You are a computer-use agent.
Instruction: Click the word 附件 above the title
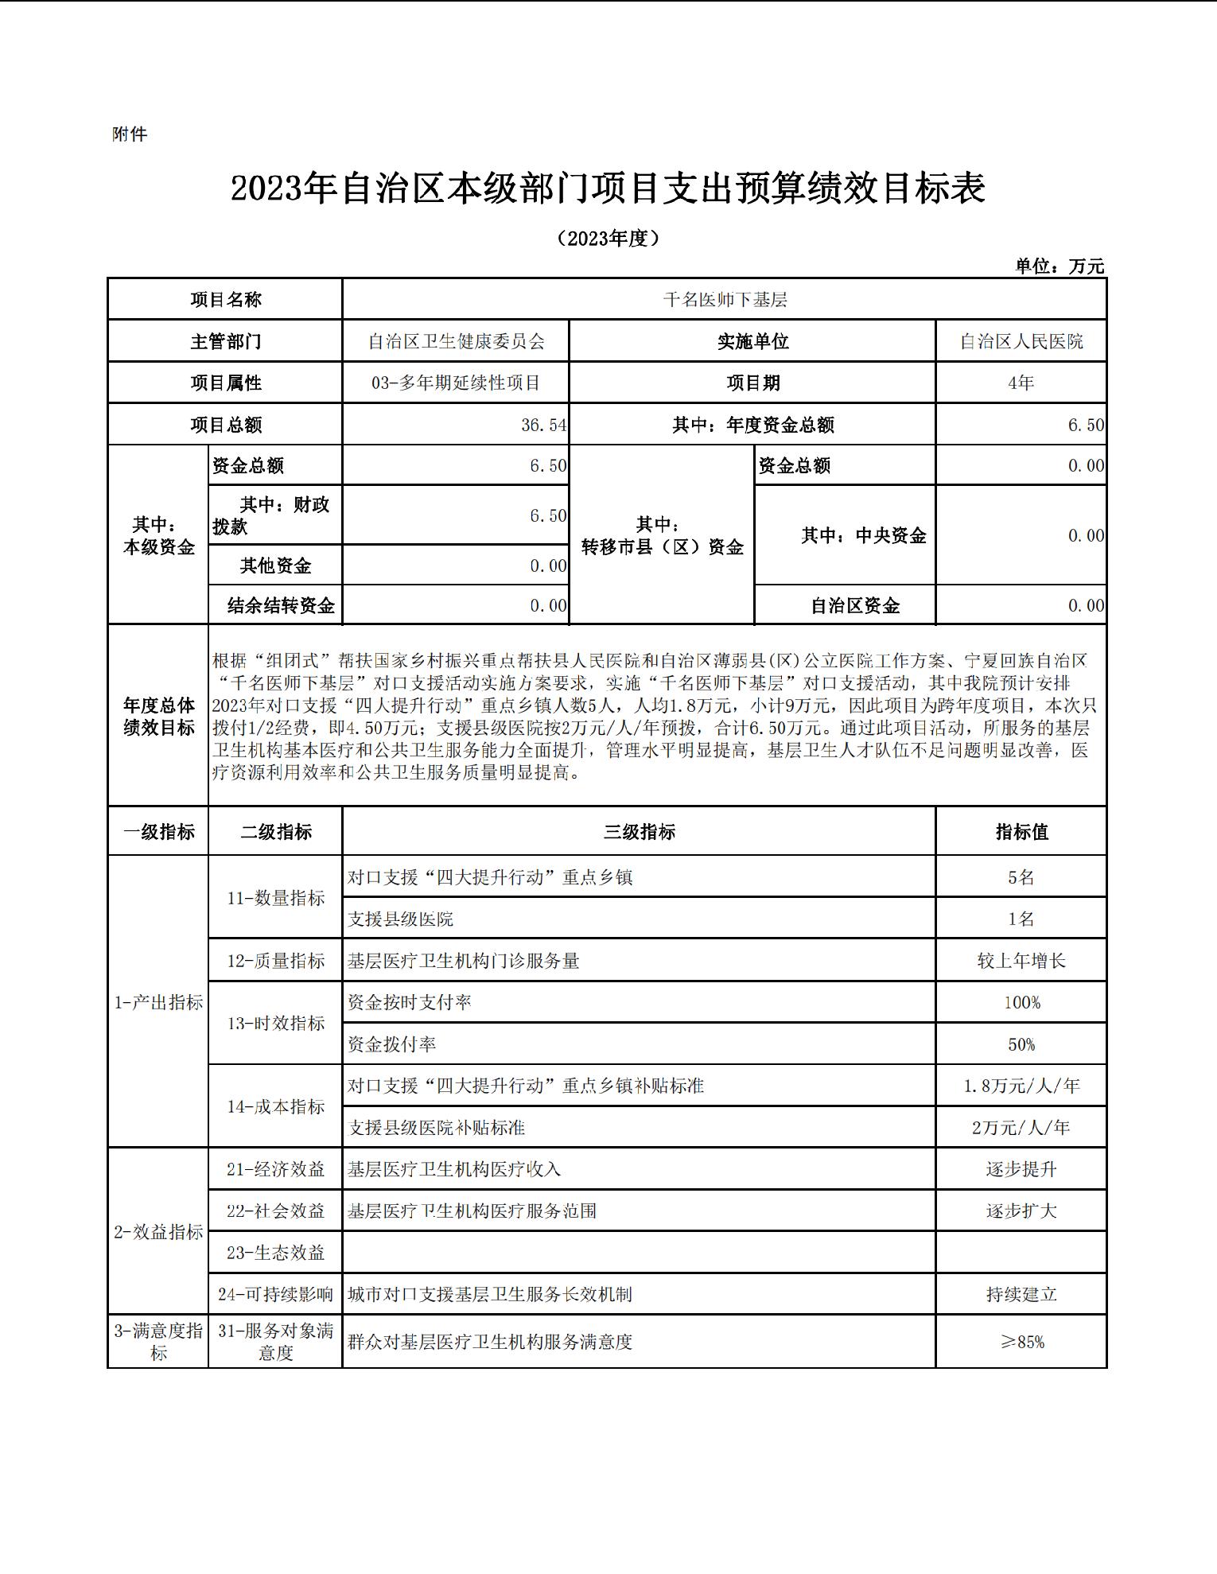(130, 134)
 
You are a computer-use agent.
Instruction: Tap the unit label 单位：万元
(1060, 266)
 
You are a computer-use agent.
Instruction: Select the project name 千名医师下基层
(725, 300)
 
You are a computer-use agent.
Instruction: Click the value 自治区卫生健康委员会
(456, 342)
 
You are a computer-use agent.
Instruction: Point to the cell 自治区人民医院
(1021, 342)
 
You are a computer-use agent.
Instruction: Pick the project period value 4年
(1021, 383)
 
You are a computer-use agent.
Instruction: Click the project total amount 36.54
(544, 426)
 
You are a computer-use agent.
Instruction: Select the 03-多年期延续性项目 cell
(456, 383)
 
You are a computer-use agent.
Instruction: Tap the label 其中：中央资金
(864, 536)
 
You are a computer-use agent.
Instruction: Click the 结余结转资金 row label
(281, 606)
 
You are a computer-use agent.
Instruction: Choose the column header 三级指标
(639, 832)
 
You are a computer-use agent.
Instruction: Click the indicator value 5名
(1021, 877)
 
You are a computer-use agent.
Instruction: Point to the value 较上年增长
(1021, 961)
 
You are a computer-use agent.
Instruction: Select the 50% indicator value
(1021, 1044)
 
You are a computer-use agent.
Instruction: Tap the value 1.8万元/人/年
(1021, 1086)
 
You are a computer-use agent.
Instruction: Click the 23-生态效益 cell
(275, 1253)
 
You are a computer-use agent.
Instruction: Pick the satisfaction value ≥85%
(1022, 1343)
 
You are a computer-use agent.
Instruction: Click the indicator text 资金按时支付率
(409, 1003)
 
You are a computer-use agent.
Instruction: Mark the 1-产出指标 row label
(158, 1003)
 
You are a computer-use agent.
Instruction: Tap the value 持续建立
(1021, 1295)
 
